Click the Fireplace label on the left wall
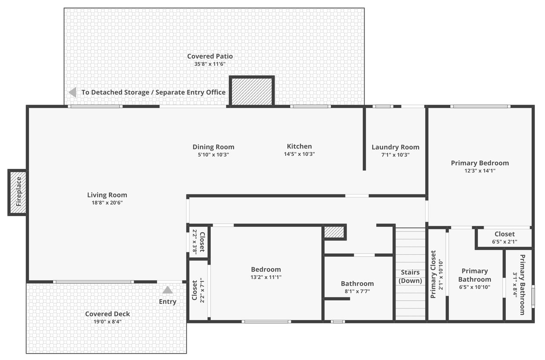pos(19,191)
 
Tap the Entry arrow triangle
pos(167,290)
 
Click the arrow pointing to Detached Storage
pos(72,92)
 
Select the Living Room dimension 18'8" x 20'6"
pos(107,203)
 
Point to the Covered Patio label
pos(210,56)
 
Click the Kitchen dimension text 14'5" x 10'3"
pos(299,154)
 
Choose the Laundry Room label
pos(396,147)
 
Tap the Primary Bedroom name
pos(480,163)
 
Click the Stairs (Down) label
pos(410,277)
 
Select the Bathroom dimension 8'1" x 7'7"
pos(357,291)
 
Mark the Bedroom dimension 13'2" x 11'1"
pos(266,277)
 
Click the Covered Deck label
pos(108,314)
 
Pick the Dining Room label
pos(213,147)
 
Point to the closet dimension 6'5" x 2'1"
pos(505,242)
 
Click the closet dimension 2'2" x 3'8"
pos(195,242)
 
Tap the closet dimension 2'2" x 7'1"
pos(202,290)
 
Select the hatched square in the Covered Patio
pos(252,91)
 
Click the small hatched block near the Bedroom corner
pos(334,232)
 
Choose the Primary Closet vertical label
pos(433,274)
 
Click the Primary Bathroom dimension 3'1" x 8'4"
pos(515,284)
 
